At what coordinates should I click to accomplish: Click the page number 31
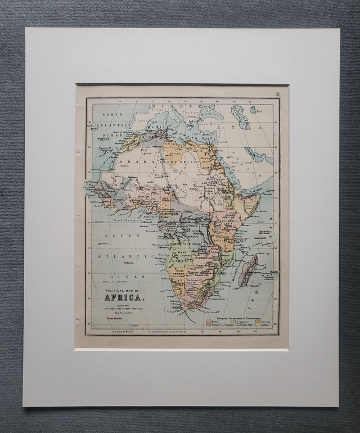[277, 94]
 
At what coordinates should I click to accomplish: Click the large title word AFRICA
[124, 297]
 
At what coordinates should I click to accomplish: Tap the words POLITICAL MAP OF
[121, 290]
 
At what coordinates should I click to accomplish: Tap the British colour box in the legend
[209, 322]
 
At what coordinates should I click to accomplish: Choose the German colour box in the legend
[256, 322]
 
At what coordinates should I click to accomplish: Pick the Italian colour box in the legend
[256, 326]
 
